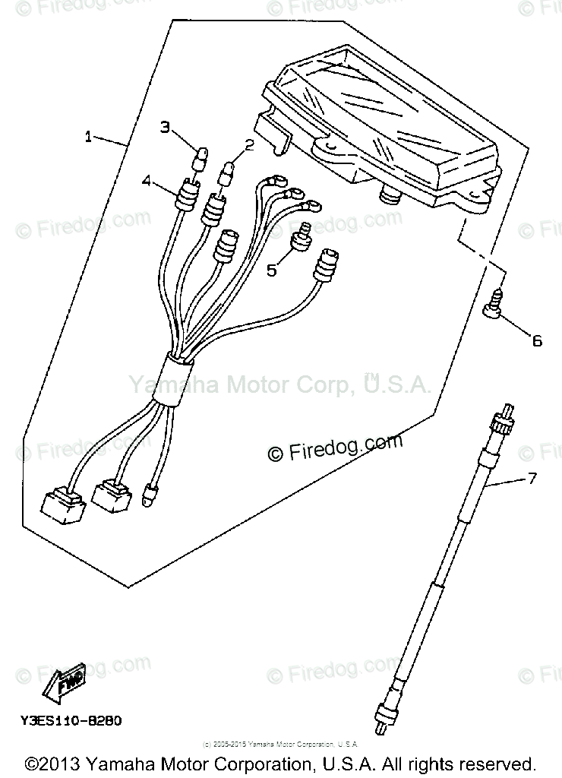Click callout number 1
point(89,137)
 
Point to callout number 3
point(165,127)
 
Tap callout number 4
point(147,180)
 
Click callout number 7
point(532,479)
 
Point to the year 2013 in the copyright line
point(63,764)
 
